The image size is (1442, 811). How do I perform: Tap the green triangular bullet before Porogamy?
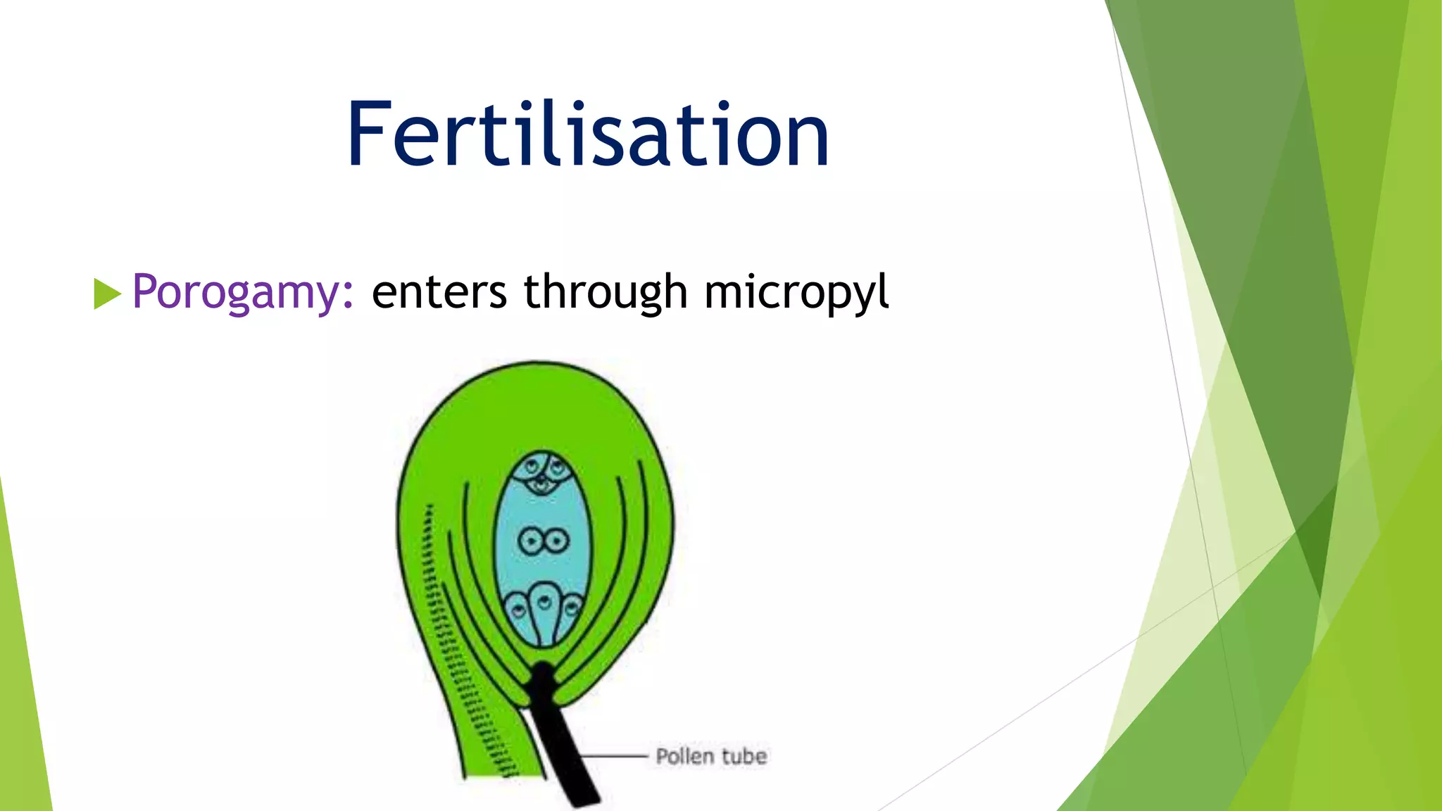pyautogui.click(x=106, y=294)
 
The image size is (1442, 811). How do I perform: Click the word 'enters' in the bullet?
pyautogui.click(x=439, y=291)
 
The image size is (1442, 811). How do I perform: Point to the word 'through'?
pyautogui.click(x=606, y=291)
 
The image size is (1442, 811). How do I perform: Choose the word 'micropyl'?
pyautogui.click(x=796, y=291)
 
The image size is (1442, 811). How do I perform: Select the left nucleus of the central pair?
pyautogui.click(x=530, y=541)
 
